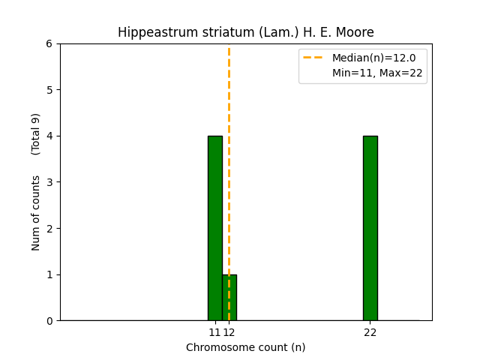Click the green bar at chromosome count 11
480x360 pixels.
214,228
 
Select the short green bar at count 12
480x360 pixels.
229,297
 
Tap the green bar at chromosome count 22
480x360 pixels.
370,228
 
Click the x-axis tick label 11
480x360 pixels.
214,332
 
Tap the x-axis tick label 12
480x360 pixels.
229,332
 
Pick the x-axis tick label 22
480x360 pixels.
370,332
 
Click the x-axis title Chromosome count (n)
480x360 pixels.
245,347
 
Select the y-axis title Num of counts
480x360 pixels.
36,213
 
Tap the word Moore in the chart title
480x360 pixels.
356,32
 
